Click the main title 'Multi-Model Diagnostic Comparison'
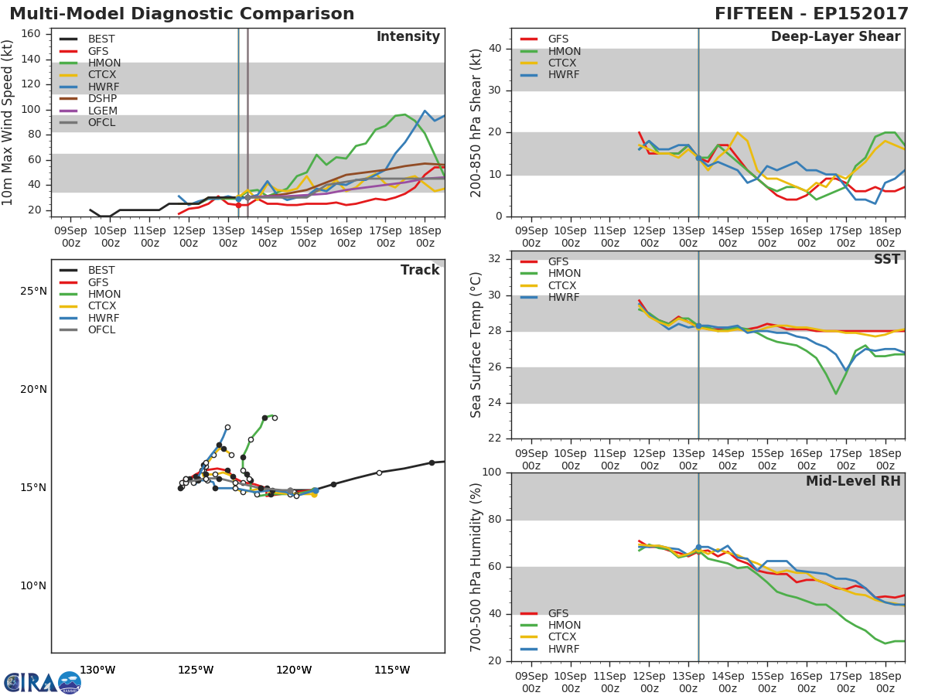point(182,14)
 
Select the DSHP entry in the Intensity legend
point(102,98)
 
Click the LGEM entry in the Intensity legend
point(102,111)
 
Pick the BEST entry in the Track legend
point(101,271)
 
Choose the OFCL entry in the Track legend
point(101,330)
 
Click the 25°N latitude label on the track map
point(32,292)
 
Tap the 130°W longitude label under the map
point(97,670)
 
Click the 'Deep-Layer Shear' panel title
point(835,37)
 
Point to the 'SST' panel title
point(886,259)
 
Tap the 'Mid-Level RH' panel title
point(853,481)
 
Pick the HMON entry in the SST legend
point(564,274)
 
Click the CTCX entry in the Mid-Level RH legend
point(564,637)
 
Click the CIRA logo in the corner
point(43,681)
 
